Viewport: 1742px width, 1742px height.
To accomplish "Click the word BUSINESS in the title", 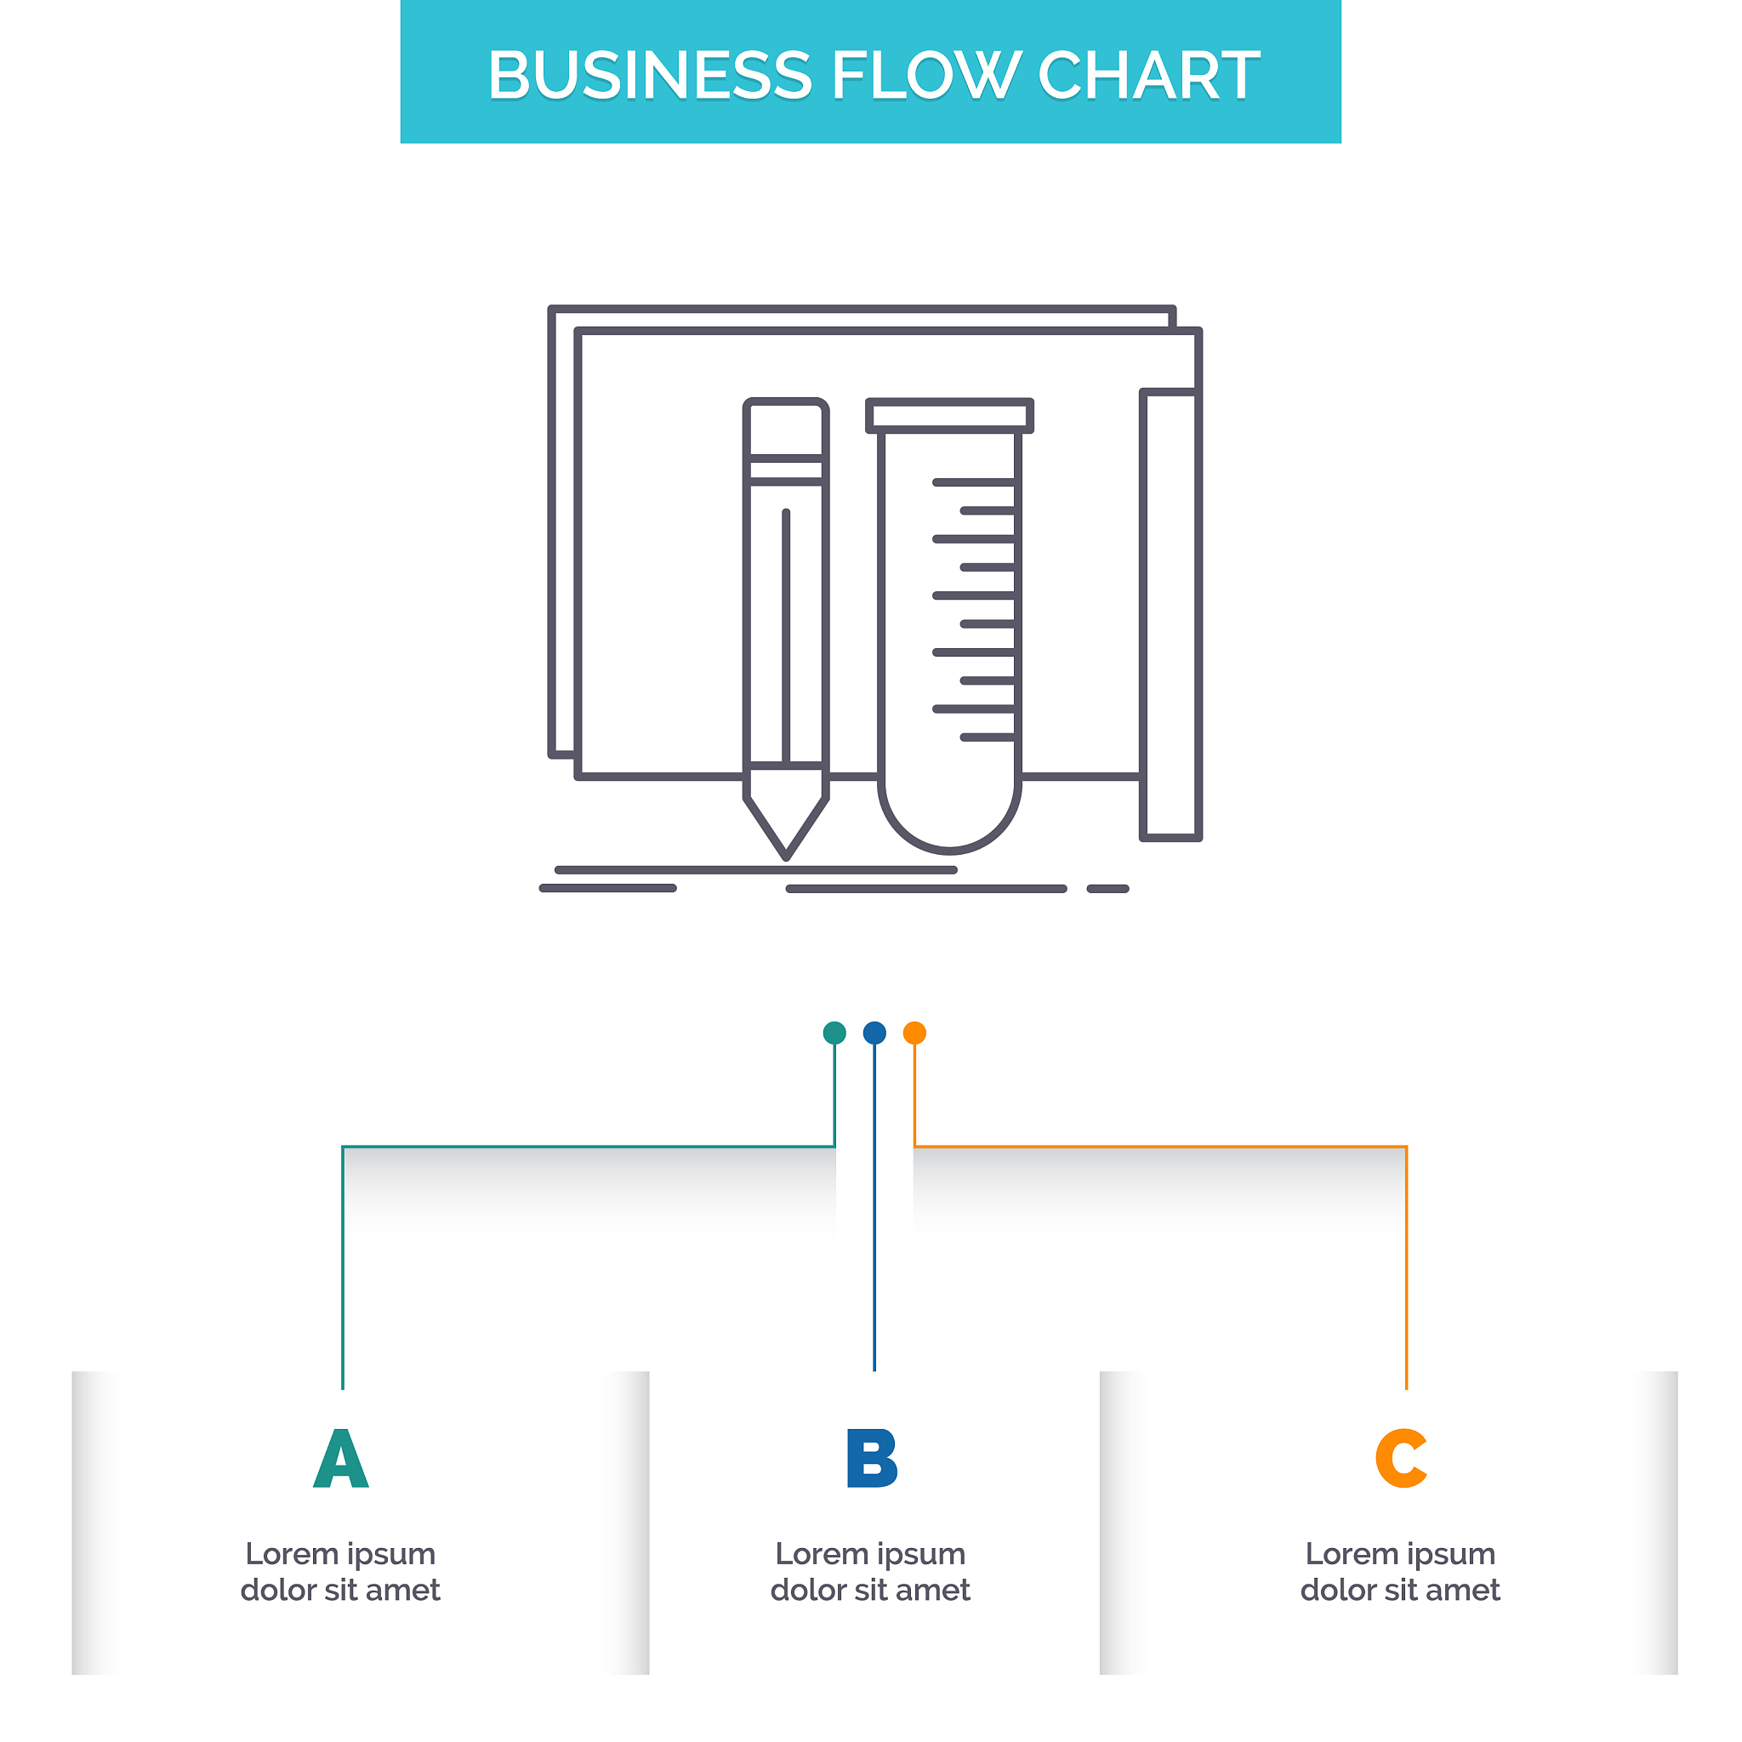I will [649, 75].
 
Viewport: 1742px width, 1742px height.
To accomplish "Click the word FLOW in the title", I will [925, 75].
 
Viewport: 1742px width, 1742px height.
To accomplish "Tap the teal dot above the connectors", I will [835, 1033].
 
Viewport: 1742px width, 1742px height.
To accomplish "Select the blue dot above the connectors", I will [874, 1033].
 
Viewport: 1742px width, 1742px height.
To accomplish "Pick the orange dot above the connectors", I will [914, 1033].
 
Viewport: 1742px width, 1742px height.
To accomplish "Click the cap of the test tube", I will [949, 416].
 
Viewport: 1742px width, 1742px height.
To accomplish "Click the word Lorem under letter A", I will [291, 1555].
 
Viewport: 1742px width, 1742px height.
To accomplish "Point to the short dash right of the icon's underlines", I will [1108, 889].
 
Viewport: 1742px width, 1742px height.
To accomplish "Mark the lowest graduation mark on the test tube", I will [988, 737].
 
